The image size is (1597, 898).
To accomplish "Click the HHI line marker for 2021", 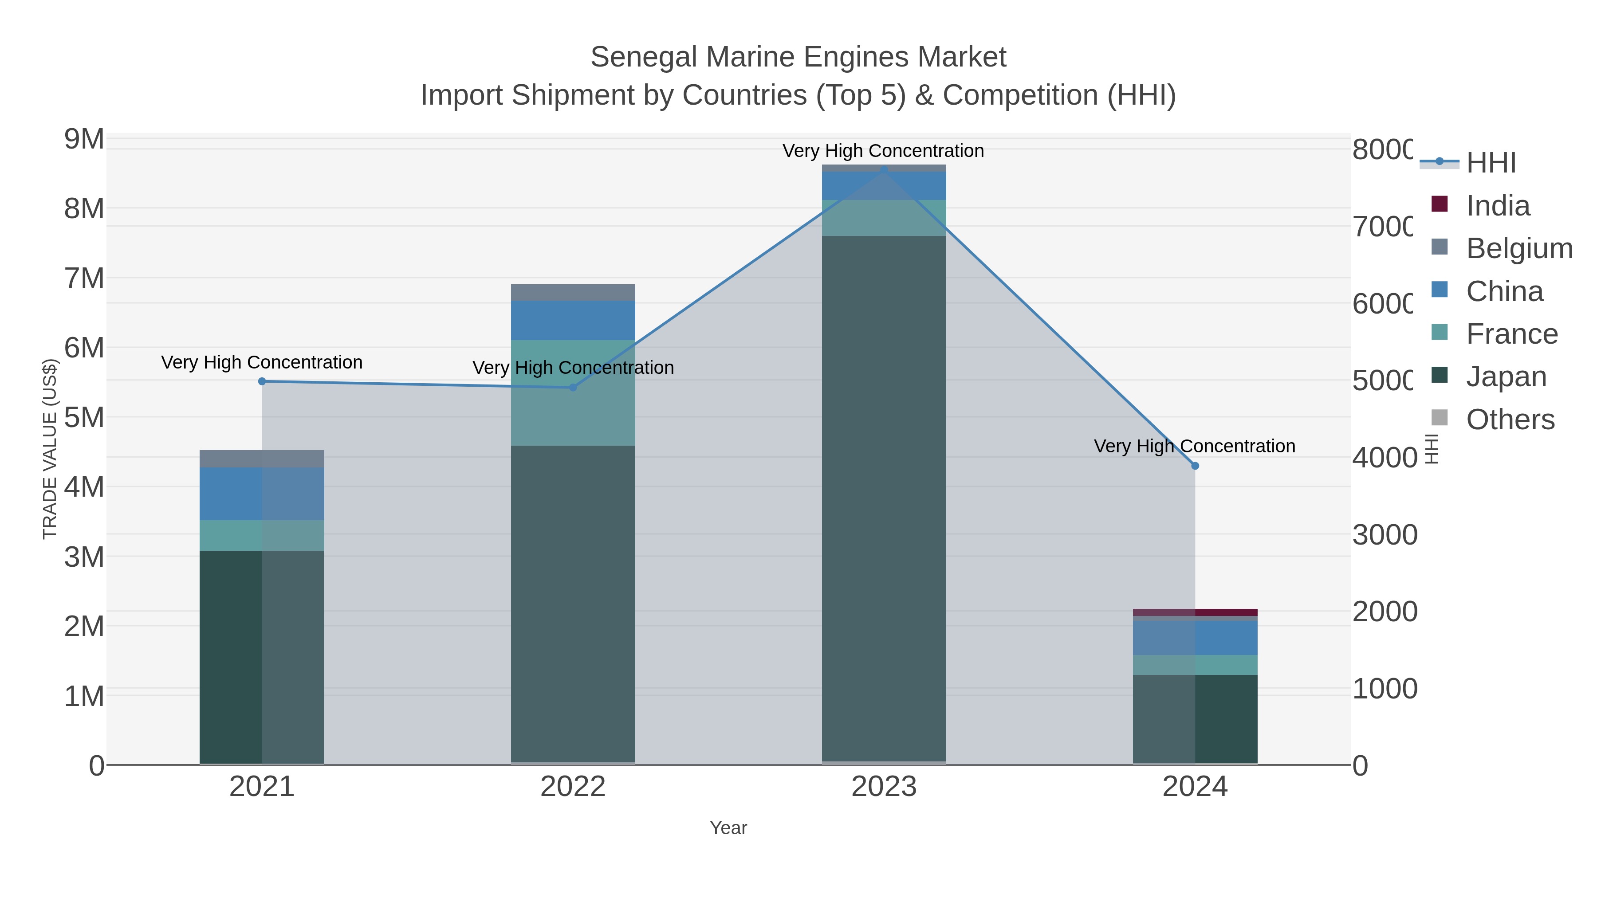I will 262,381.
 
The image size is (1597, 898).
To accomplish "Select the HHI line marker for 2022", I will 573,387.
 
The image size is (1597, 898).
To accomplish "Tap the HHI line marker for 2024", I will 1195,466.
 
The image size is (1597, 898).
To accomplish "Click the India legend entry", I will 1497,206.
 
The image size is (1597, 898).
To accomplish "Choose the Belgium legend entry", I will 1518,248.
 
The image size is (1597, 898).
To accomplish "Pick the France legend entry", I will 1511,334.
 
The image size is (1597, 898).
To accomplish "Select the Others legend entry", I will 1510,420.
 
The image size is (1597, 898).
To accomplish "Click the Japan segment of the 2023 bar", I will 884,496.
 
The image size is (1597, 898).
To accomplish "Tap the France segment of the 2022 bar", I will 573,392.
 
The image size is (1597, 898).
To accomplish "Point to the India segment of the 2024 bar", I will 1195,612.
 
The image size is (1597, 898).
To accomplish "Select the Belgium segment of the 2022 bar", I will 573,293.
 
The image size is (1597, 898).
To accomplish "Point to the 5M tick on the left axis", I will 84,418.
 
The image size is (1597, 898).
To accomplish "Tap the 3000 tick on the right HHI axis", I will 1385,535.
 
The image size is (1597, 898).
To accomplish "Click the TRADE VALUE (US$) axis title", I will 50,449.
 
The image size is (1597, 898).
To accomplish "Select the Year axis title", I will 728,828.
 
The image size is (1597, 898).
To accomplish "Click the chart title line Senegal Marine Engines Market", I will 798,57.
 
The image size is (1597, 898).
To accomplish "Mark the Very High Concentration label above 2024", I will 1195,446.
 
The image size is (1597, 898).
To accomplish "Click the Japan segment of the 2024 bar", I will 1195,719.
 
